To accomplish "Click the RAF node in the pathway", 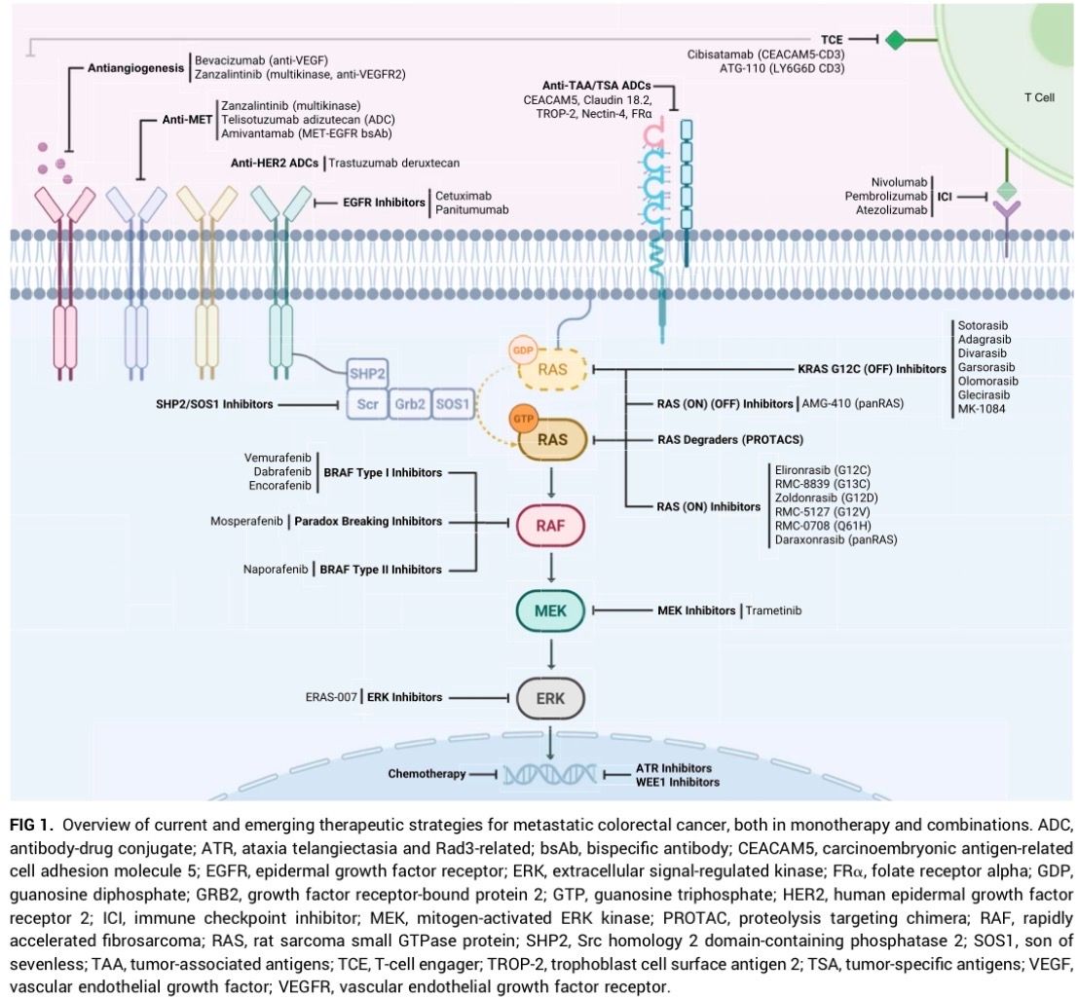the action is coord(550,526).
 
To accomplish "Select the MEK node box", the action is coord(550,610).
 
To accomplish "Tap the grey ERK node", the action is coord(550,698).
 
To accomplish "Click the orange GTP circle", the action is coord(523,419).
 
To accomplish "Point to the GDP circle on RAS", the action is coord(523,351).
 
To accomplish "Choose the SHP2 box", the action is coord(367,374).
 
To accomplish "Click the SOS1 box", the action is coord(453,404).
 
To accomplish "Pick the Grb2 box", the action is coord(410,404).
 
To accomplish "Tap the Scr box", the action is coord(367,404).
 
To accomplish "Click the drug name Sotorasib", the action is coord(984,326).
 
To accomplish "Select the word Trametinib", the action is coord(773,610).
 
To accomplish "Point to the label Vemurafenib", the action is coord(278,458).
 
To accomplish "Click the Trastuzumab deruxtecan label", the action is coord(394,163).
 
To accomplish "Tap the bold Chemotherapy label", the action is coord(427,773).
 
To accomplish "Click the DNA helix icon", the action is coord(550,774).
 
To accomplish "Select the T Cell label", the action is coord(1039,97).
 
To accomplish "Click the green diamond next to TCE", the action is coord(895,40).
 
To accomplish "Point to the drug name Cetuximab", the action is coord(464,196).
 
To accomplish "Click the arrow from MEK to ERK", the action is coord(551,654).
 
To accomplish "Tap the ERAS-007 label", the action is coord(331,697).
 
